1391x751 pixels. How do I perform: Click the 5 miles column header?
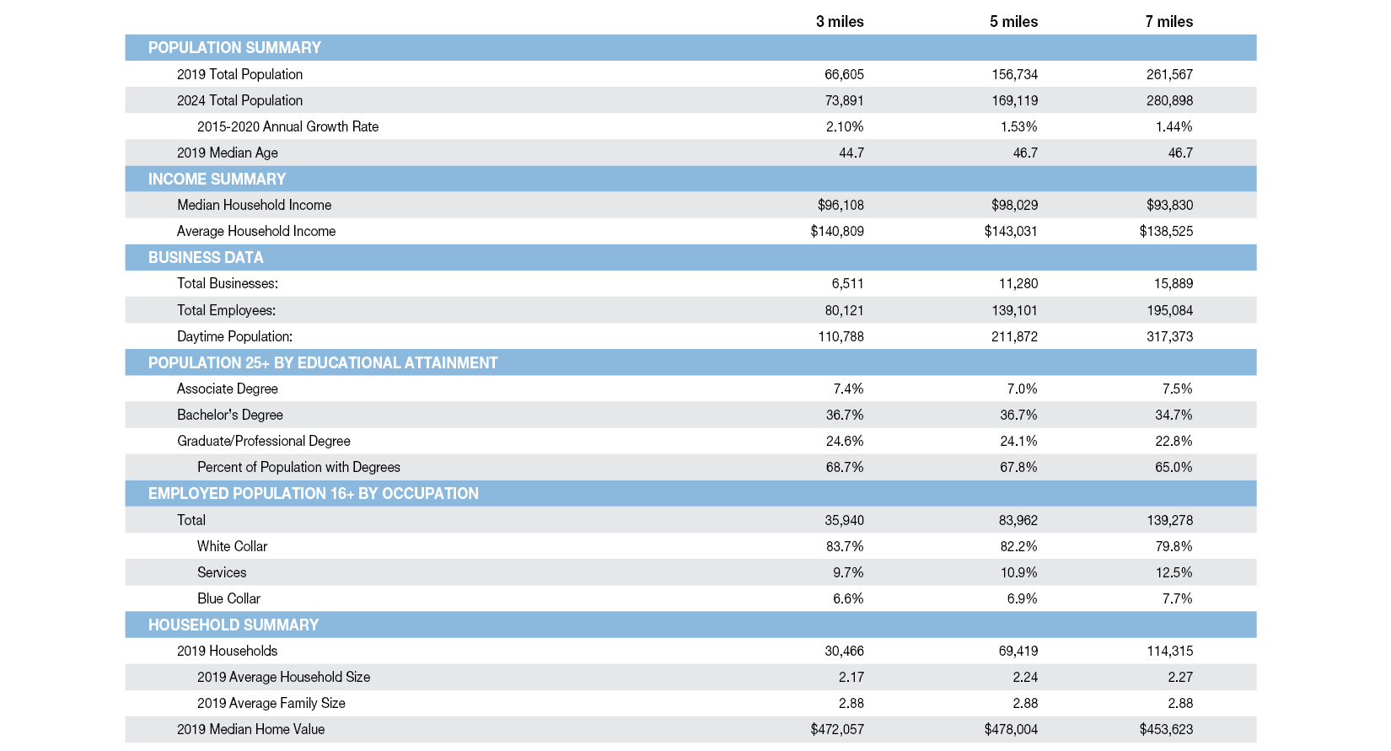1013,22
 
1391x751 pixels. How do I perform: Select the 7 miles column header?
1168,22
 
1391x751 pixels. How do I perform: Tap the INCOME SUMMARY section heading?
217,179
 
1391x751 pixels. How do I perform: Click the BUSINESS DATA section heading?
206,257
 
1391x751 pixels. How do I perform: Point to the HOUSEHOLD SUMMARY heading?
234,625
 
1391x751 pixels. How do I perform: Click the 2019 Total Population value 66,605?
844,74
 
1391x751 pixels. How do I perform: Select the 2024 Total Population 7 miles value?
1169,100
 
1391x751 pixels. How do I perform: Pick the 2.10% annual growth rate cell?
845,126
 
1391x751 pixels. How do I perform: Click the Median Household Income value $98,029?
1014,205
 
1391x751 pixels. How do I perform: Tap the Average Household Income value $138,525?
1166,231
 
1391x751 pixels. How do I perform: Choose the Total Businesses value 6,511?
847,283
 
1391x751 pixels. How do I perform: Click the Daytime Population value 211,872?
1014,336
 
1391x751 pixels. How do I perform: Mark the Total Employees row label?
226,310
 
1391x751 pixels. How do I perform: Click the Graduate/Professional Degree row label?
263,441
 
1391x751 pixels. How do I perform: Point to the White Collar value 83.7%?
845,546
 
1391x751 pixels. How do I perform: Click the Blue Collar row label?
228,598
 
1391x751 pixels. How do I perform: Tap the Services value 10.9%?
1018,572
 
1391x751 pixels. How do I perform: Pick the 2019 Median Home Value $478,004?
1011,729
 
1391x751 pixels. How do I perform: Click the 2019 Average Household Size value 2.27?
1180,677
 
